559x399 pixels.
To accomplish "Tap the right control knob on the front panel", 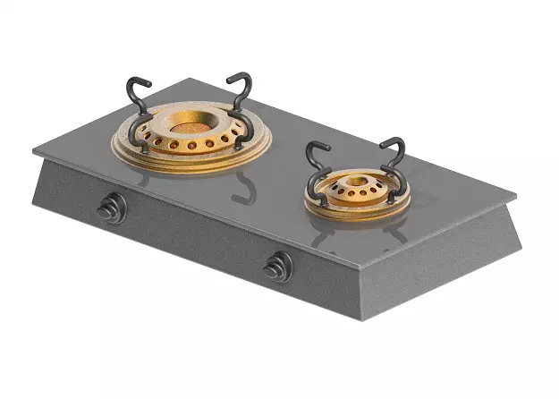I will coord(279,267).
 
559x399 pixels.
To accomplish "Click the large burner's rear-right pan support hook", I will coord(241,85).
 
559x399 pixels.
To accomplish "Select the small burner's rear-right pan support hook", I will coord(394,148).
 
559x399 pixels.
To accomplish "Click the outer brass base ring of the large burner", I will coord(190,161).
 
